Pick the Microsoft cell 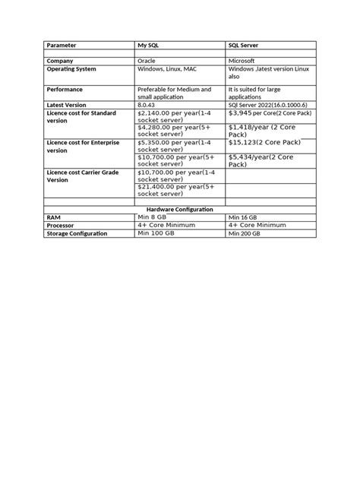[244, 60]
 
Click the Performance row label [67, 89]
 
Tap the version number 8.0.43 [147, 106]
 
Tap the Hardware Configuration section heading [179, 209]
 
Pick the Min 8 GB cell [152, 216]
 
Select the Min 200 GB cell [245, 233]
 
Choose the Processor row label [64, 225]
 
